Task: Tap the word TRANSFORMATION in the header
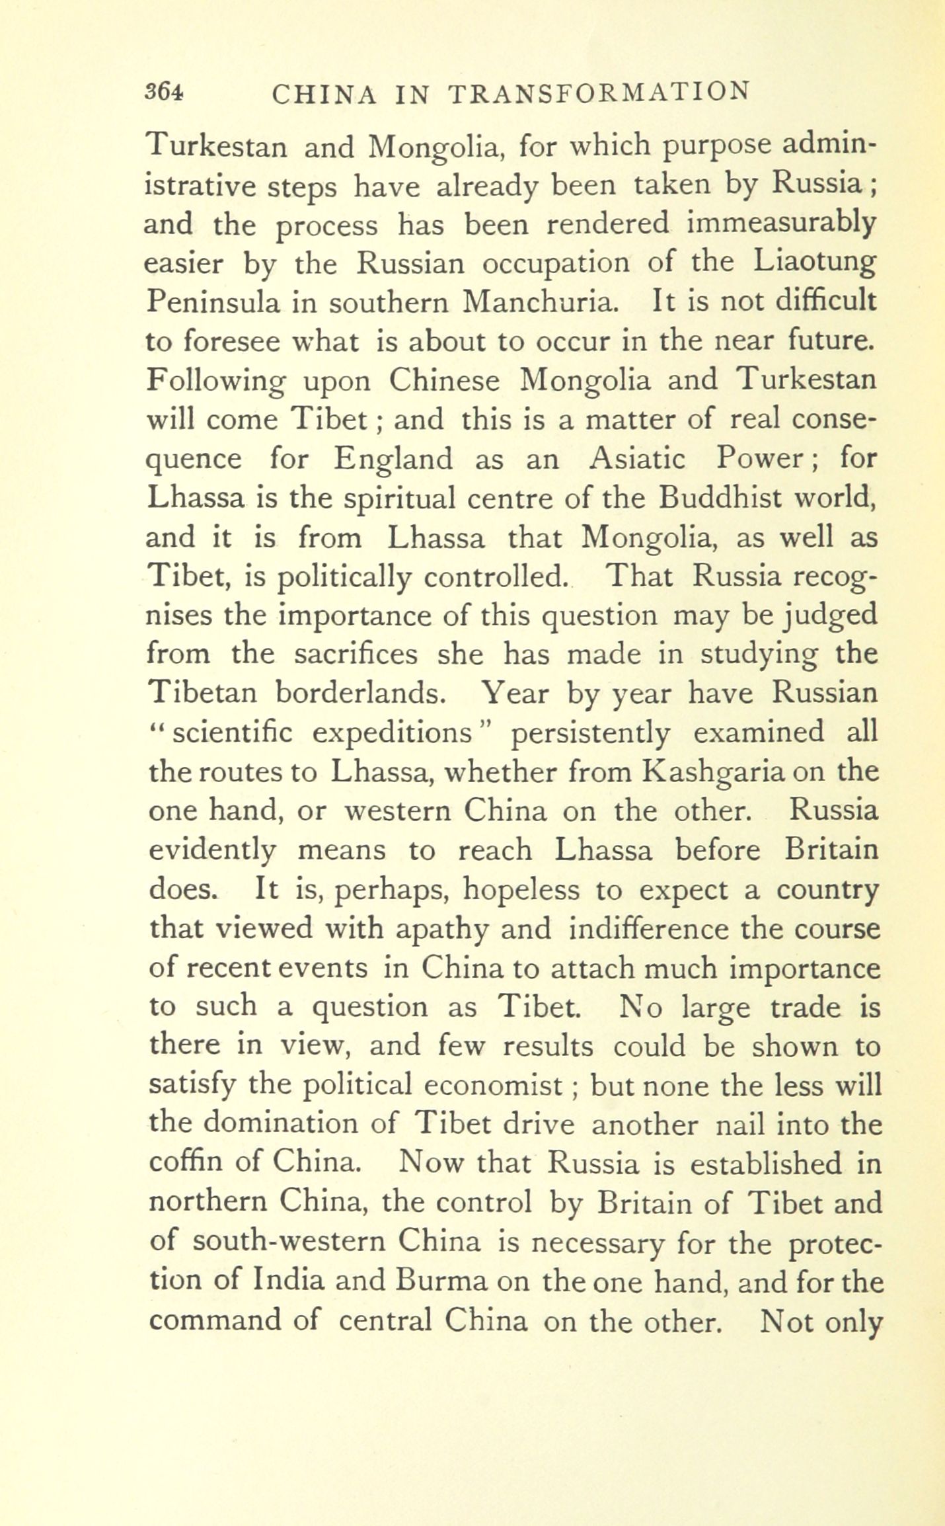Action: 599,93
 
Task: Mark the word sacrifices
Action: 356,655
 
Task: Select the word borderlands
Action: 357,694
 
